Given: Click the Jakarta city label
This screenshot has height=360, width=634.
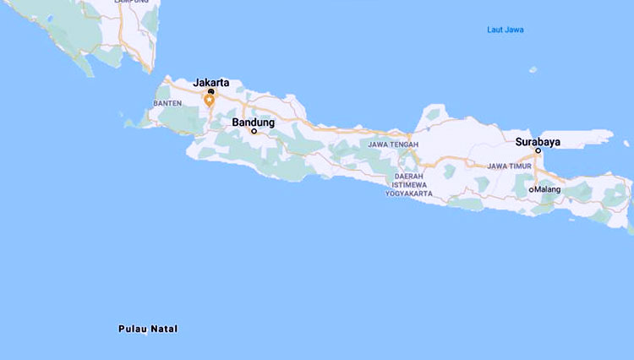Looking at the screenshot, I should point(211,82).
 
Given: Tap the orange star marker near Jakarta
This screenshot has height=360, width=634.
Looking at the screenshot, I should point(210,100).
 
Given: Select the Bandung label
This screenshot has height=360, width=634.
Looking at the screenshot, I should point(254,122).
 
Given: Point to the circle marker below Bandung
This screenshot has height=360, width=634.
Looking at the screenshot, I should point(254,131).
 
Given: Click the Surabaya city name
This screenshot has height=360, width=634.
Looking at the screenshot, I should point(538,140).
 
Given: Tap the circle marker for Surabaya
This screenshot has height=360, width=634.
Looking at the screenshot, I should point(538,150).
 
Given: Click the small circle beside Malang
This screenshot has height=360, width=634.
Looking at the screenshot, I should point(531,189).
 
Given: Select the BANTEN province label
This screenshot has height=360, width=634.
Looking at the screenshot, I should point(167,103).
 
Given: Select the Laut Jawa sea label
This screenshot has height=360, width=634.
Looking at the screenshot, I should point(506,30).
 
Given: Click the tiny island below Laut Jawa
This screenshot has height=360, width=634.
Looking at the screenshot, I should point(533,70).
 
